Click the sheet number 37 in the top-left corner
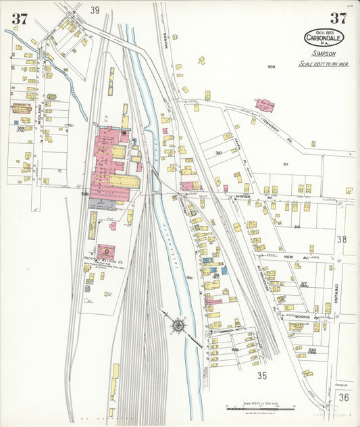19,19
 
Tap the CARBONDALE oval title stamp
324,37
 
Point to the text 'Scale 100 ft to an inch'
324,64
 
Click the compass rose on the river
178,326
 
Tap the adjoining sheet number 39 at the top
95,10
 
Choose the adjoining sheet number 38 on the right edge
342,239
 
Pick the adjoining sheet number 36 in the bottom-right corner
344,397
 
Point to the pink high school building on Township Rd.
265,105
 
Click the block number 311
286,164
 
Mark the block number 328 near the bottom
235,350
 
